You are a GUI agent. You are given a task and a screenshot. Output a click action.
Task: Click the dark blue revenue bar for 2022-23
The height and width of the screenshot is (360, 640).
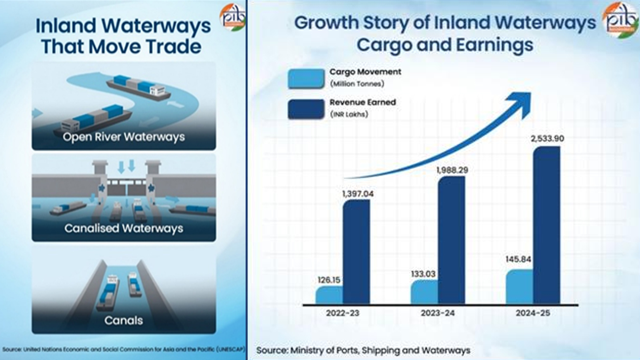click(x=356, y=252)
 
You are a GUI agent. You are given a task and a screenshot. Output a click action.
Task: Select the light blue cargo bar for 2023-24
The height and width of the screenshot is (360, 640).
click(x=424, y=292)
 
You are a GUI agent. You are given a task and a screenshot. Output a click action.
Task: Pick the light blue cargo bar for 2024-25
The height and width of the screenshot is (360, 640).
click(x=519, y=287)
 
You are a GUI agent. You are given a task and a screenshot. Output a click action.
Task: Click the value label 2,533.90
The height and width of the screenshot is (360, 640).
click(x=547, y=138)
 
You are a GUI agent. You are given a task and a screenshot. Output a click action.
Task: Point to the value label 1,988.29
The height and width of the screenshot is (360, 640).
click(x=452, y=170)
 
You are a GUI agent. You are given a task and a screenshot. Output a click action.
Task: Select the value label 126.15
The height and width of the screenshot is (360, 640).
click(x=329, y=280)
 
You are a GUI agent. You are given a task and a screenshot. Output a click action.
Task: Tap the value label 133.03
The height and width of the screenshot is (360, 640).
click(x=423, y=274)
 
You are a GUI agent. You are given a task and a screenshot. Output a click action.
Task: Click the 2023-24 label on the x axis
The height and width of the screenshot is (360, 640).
click(x=438, y=313)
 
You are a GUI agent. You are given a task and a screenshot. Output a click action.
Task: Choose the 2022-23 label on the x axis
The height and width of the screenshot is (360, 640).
click(x=342, y=313)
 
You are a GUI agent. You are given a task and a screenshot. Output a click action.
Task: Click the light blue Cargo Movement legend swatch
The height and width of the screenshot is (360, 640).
click(x=306, y=78)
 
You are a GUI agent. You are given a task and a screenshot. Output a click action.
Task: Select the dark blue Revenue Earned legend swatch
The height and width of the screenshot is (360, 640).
click(x=306, y=109)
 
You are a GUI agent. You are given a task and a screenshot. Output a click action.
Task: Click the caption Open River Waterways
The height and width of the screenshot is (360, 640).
click(x=124, y=137)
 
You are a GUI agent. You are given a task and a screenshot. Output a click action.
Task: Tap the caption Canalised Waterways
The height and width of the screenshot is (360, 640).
click(x=124, y=228)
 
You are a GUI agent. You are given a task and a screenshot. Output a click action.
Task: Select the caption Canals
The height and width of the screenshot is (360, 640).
click(x=124, y=320)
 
